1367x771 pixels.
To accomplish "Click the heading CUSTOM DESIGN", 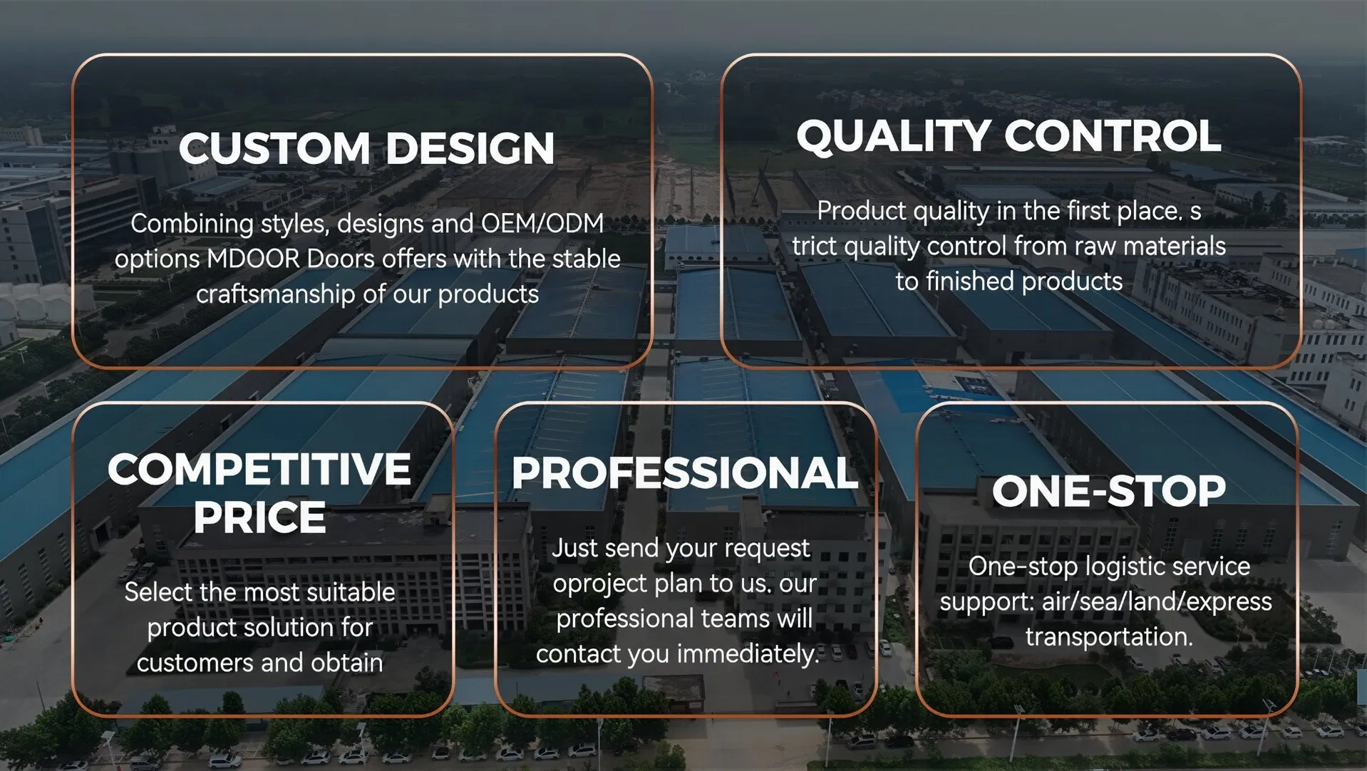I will click(x=366, y=148).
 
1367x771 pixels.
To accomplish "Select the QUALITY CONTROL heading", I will click(x=1009, y=135).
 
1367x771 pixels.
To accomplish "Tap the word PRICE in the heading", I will click(x=259, y=517).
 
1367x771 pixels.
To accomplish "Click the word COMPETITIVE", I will click(x=259, y=470).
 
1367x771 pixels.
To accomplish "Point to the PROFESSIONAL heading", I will click(x=684, y=473).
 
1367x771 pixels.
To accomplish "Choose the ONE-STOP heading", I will click(x=1108, y=491).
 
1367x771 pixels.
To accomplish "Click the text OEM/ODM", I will click(x=542, y=224).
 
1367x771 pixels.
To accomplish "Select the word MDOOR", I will click(x=253, y=259).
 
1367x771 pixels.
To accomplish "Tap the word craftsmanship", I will click(x=275, y=294).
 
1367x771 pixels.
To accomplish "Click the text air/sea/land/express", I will click(x=1156, y=601).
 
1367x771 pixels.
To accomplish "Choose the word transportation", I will click(x=1108, y=636).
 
